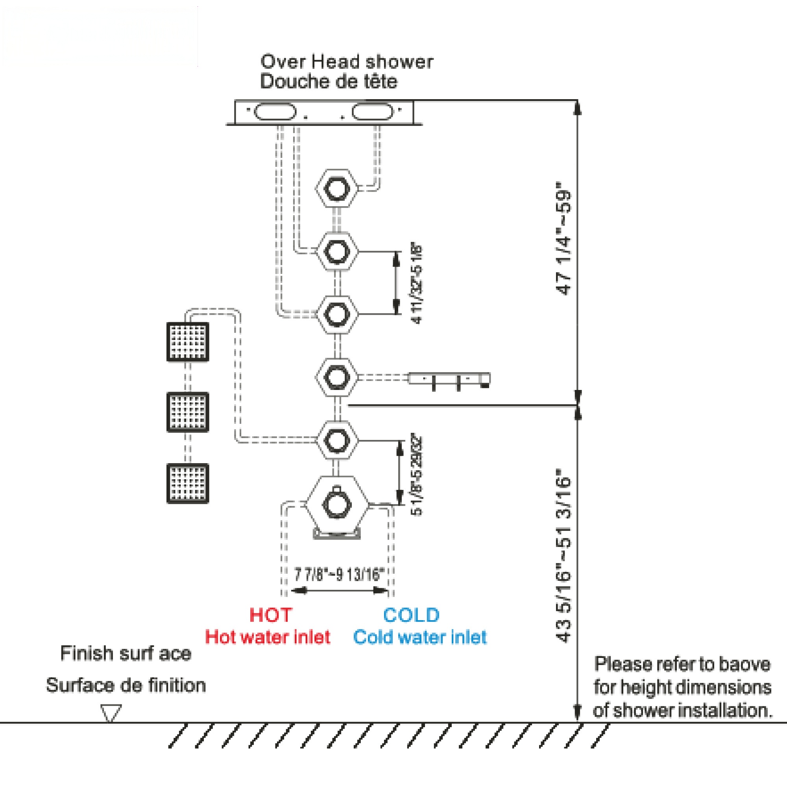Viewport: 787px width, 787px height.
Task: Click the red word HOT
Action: [270, 615]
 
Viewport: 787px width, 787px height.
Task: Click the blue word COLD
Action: [412, 615]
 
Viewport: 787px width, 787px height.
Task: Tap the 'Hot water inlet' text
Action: [268, 637]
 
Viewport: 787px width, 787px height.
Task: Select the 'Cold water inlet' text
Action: [420, 637]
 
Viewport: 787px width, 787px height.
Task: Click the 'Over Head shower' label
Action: [347, 62]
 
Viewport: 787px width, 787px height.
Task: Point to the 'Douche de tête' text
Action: [329, 81]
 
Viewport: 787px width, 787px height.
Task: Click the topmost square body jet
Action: [188, 342]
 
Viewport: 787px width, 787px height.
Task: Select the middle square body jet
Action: [188, 412]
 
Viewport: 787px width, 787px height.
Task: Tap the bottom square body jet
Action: [188, 483]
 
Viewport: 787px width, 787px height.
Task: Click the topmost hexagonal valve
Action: [337, 188]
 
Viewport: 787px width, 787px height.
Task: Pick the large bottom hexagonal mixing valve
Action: [337, 505]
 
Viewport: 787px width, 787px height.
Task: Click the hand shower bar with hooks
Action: [449, 379]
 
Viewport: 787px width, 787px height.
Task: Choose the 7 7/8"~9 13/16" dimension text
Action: [339, 575]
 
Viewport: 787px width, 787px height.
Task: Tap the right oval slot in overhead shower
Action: [373, 112]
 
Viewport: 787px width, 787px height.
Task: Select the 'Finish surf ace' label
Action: [126, 653]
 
